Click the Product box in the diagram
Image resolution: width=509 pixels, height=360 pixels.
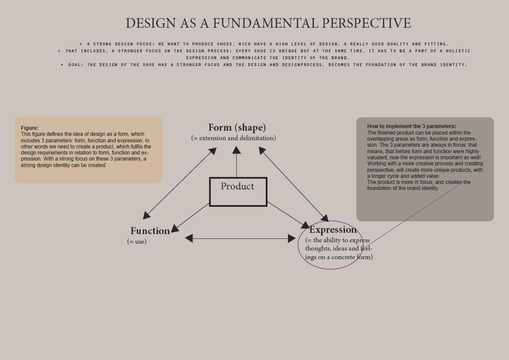[238, 191]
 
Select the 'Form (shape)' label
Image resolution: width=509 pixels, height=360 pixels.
[237, 128]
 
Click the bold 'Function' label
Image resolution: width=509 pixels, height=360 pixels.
[150, 231]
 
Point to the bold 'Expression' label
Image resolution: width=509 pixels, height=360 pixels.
[333, 230]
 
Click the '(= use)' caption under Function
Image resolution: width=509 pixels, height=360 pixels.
[137, 241]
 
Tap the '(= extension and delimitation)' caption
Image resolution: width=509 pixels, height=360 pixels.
[233, 138]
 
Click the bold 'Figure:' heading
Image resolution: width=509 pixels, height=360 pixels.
[29, 128]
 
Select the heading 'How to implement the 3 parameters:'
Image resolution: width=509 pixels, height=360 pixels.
[411, 126]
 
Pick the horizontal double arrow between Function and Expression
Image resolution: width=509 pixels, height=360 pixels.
[240, 238]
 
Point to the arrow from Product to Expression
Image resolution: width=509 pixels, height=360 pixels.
[288, 215]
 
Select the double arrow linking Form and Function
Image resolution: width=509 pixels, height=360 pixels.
[179, 183]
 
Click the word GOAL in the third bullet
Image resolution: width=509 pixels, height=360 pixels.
[76, 65]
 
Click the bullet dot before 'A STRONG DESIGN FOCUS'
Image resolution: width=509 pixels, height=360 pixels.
[81, 44]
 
